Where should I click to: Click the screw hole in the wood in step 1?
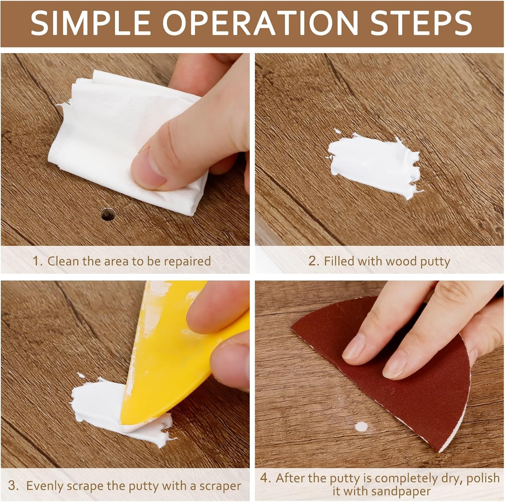click(x=107, y=214)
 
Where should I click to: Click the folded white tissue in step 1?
click(x=111, y=135)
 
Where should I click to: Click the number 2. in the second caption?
click(x=313, y=261)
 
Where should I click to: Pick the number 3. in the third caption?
click(x=14, y=486)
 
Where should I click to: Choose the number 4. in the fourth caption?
click(x=266, y=478)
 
